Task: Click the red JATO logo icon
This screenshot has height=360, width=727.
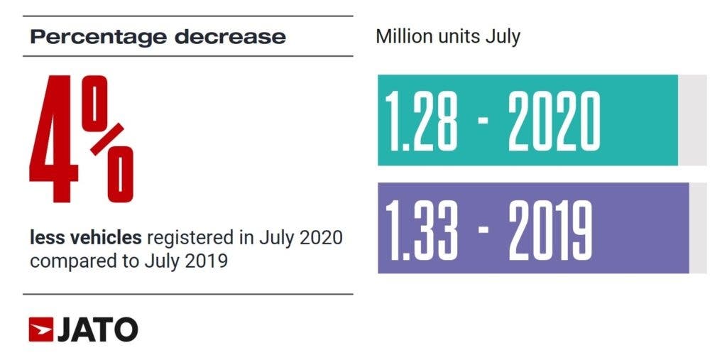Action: (42, 329)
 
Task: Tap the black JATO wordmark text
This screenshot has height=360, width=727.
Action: (98, 329)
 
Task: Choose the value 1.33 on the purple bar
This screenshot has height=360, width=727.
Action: (420, 229)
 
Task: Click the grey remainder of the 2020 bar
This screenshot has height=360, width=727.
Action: (692, 120)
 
